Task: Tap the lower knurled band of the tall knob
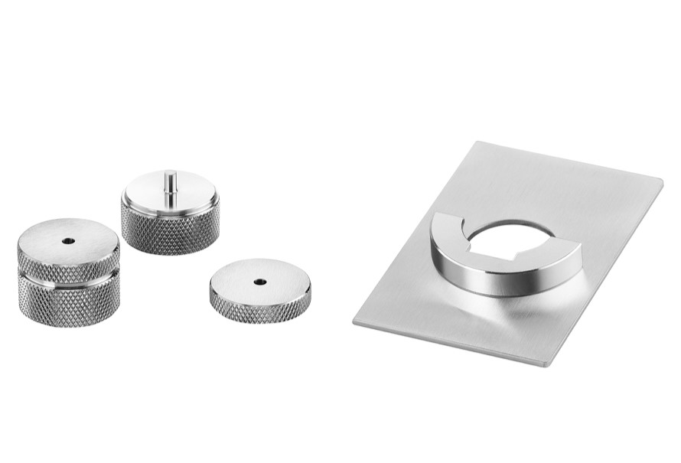69,302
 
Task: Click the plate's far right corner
661,181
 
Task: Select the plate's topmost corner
476,143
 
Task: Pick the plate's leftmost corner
355,321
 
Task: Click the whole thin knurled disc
260,291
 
